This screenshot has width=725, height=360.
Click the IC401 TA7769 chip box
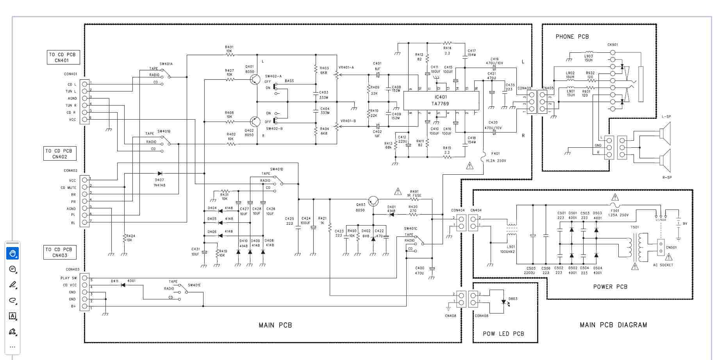(441, 101)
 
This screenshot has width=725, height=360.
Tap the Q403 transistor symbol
(373, 201)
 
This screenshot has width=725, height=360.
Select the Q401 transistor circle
(255, 80)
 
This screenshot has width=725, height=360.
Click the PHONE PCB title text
(572, 37)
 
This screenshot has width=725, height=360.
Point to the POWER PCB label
(610, 287)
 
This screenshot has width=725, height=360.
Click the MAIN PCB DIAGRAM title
(613, 325)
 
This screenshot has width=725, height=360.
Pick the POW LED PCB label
(503, 334)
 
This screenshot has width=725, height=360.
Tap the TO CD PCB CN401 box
(63, 57)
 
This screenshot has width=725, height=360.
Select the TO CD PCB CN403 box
(60, 253)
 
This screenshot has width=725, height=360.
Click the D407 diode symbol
(159, 173)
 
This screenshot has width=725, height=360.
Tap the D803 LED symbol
(504, 302)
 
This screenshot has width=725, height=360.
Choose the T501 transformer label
(635, 227)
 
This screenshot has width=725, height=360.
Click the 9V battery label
(685, 224)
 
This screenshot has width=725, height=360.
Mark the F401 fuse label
(495, 154)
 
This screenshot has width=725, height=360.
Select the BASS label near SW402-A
(289, 81)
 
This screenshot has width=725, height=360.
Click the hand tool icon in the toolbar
(12, 253)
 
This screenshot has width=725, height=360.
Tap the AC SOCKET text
(663, 265)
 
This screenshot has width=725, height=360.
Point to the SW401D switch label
(277, 169)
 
